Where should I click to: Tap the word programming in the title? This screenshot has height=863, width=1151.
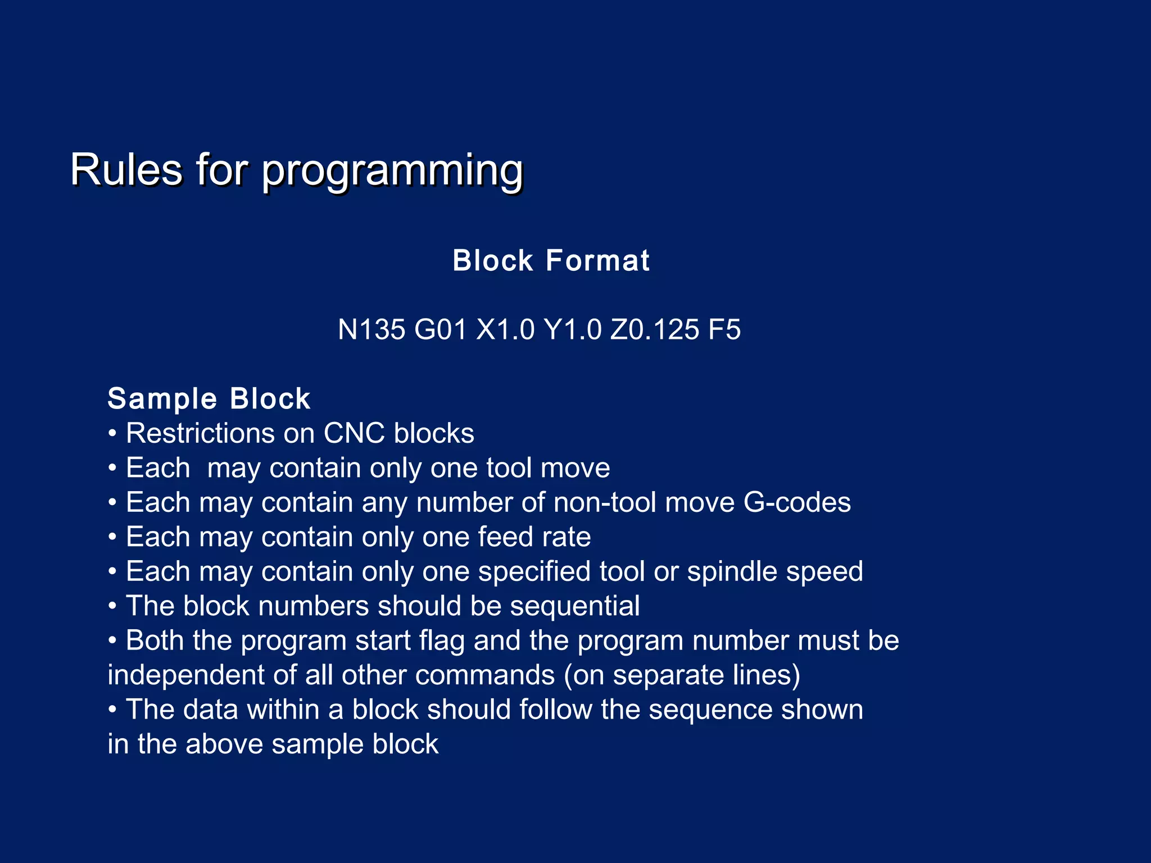(x=392, y=171)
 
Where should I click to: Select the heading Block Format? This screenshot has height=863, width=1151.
(x=551, y=261)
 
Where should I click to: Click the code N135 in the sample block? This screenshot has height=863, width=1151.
(x=371, y=329)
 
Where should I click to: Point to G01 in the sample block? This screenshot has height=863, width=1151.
(x=440, y=329)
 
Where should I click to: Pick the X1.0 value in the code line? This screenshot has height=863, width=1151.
(x=505, y=329)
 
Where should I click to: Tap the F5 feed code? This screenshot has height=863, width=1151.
(x=724, y=329)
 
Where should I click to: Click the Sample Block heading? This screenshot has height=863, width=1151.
(x=209, y=399)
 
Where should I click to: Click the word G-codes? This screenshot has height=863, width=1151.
(x=797, y=502)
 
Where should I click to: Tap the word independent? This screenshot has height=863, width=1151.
(x=186, y=675)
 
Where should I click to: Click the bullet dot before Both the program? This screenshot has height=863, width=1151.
(x=113, y=640)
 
